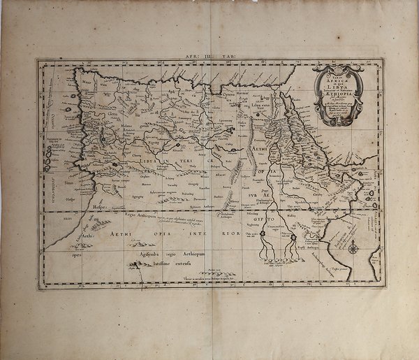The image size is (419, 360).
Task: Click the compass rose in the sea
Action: [x=355, y=247]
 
